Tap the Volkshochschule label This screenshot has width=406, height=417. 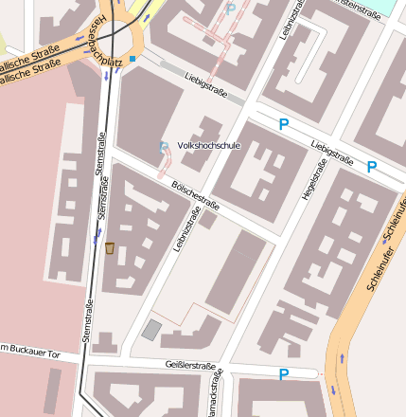pos(208,146)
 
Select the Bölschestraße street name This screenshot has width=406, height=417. pos(196,196)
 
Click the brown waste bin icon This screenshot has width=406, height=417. pos(110,248)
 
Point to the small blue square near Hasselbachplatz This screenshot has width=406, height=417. pos(133,59)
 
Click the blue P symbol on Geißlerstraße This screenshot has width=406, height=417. pos(283,375)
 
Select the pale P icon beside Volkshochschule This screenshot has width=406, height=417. pos(164,146)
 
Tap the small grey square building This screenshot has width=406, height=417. pos(151,329)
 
